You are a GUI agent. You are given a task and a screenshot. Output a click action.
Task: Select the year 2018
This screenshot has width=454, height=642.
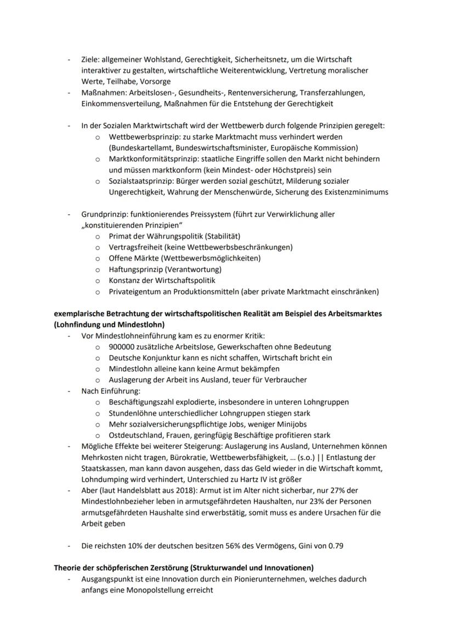click(197, 491)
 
